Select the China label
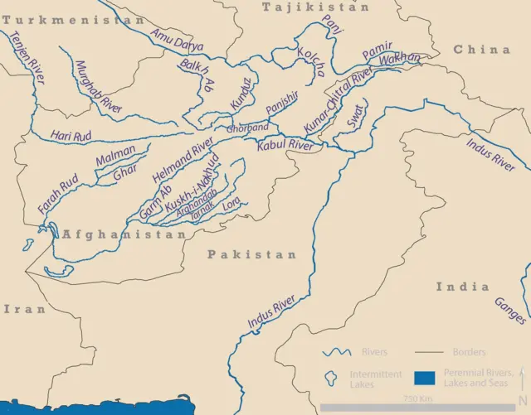pos(481,50)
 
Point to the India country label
pos(462,287)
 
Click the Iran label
pos(25,308)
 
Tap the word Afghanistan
pos(124,235)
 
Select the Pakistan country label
pos(252,254)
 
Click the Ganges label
pos(509,311)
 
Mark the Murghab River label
pos(98,86)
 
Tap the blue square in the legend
pos(424,379)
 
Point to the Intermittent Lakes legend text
pos(374,379)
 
